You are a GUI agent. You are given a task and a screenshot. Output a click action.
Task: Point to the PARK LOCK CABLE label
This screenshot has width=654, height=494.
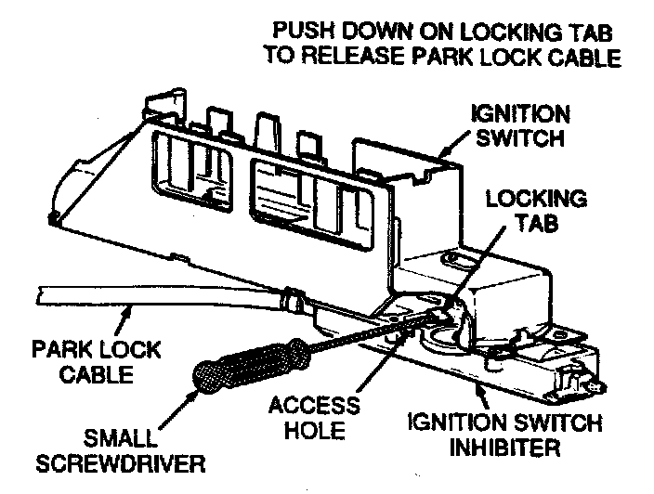tap(96, 363)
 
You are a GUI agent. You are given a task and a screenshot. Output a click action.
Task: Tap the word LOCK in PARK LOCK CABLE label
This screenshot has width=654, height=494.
tap(126, 351)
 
